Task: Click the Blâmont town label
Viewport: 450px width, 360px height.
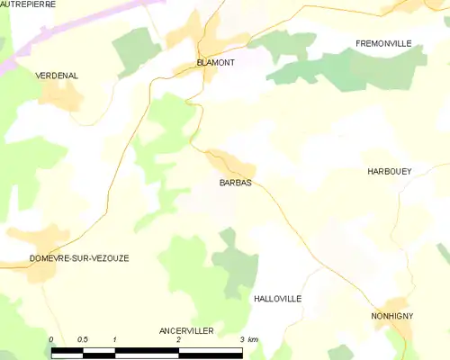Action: pos(215,62)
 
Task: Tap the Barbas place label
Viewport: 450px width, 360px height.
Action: pos(235,183)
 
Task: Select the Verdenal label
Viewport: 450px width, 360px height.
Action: pos(57,76)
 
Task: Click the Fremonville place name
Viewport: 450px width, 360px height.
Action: pos(383,43)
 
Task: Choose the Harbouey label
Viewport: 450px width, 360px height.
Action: pos(389,171)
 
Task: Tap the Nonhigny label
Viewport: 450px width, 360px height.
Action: pos(392,317)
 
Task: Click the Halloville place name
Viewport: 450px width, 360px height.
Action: pos(277,298)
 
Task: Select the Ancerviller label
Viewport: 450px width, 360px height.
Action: pos(186,331)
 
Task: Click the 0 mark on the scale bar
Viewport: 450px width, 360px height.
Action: pos(51,339)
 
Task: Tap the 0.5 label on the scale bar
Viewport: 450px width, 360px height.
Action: pos(83,339)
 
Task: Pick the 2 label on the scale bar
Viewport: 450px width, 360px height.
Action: pos(179,339)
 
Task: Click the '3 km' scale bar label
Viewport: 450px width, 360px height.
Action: pos(248,339)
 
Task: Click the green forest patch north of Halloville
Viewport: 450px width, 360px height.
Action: pos(236,265)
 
